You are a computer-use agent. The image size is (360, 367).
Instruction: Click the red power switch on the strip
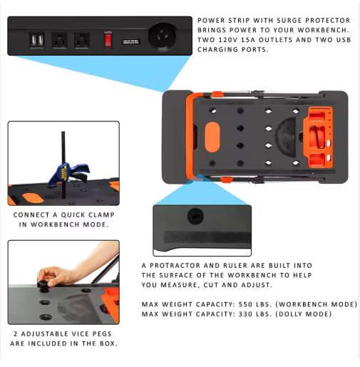click(x=108, y=40)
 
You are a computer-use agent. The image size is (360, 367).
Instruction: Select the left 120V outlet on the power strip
click(x=59, y=40)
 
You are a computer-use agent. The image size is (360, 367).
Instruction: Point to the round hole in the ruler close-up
click(x=194, y=214)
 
